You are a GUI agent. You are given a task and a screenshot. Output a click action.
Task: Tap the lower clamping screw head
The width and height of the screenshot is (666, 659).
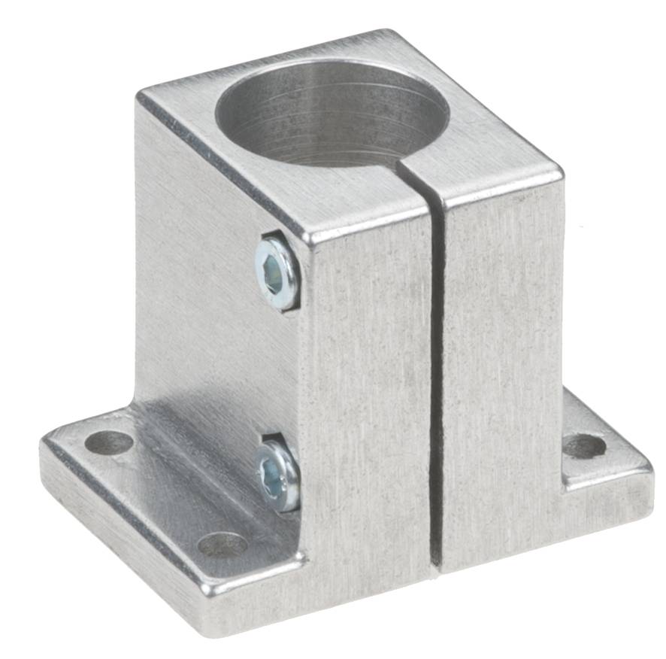pyautogui.click(x=277, y=475)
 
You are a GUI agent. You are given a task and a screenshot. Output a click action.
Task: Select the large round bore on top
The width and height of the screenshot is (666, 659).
pyautogui.click(x=331, y=113)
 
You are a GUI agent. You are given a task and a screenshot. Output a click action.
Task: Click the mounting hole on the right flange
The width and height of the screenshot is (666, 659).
pyautogui.click(x=585, y=446)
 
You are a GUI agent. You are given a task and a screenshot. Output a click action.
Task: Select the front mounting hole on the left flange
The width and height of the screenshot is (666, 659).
pyautogui.click(x=223, y=544)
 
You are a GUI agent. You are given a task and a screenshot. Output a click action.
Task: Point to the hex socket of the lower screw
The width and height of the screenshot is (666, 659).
pyautogui.click(x=272, y=476)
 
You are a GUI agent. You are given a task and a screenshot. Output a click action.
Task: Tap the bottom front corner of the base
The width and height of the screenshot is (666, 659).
pyautogui.click(x=218, y=630)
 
